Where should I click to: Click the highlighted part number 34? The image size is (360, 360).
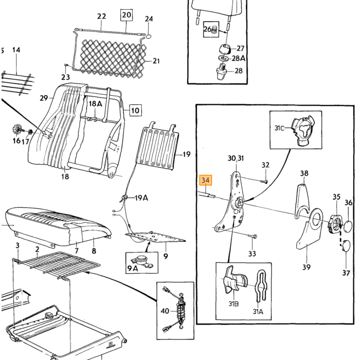[x=206, y=180]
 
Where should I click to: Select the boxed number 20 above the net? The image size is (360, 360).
[x=127, y=15]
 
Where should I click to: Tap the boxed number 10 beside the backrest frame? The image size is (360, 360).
[x=135, y=111]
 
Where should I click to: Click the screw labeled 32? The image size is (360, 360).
[x=264, y=182]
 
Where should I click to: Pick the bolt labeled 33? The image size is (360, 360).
[x=253, y=236]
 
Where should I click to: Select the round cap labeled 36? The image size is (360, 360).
[x=348, y=226]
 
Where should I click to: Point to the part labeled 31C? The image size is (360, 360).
[x=302, y=130]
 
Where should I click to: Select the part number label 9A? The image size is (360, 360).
[x=133, y=268]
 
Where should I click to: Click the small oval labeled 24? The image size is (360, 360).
[x=148, y=37]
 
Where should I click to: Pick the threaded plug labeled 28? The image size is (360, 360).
[x=222, y=71]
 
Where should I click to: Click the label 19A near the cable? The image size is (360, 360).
[x=141, y=197]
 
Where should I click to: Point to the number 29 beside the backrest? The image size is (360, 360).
[x=44, y=98]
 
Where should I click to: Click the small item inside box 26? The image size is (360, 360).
[x=214, y=30]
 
